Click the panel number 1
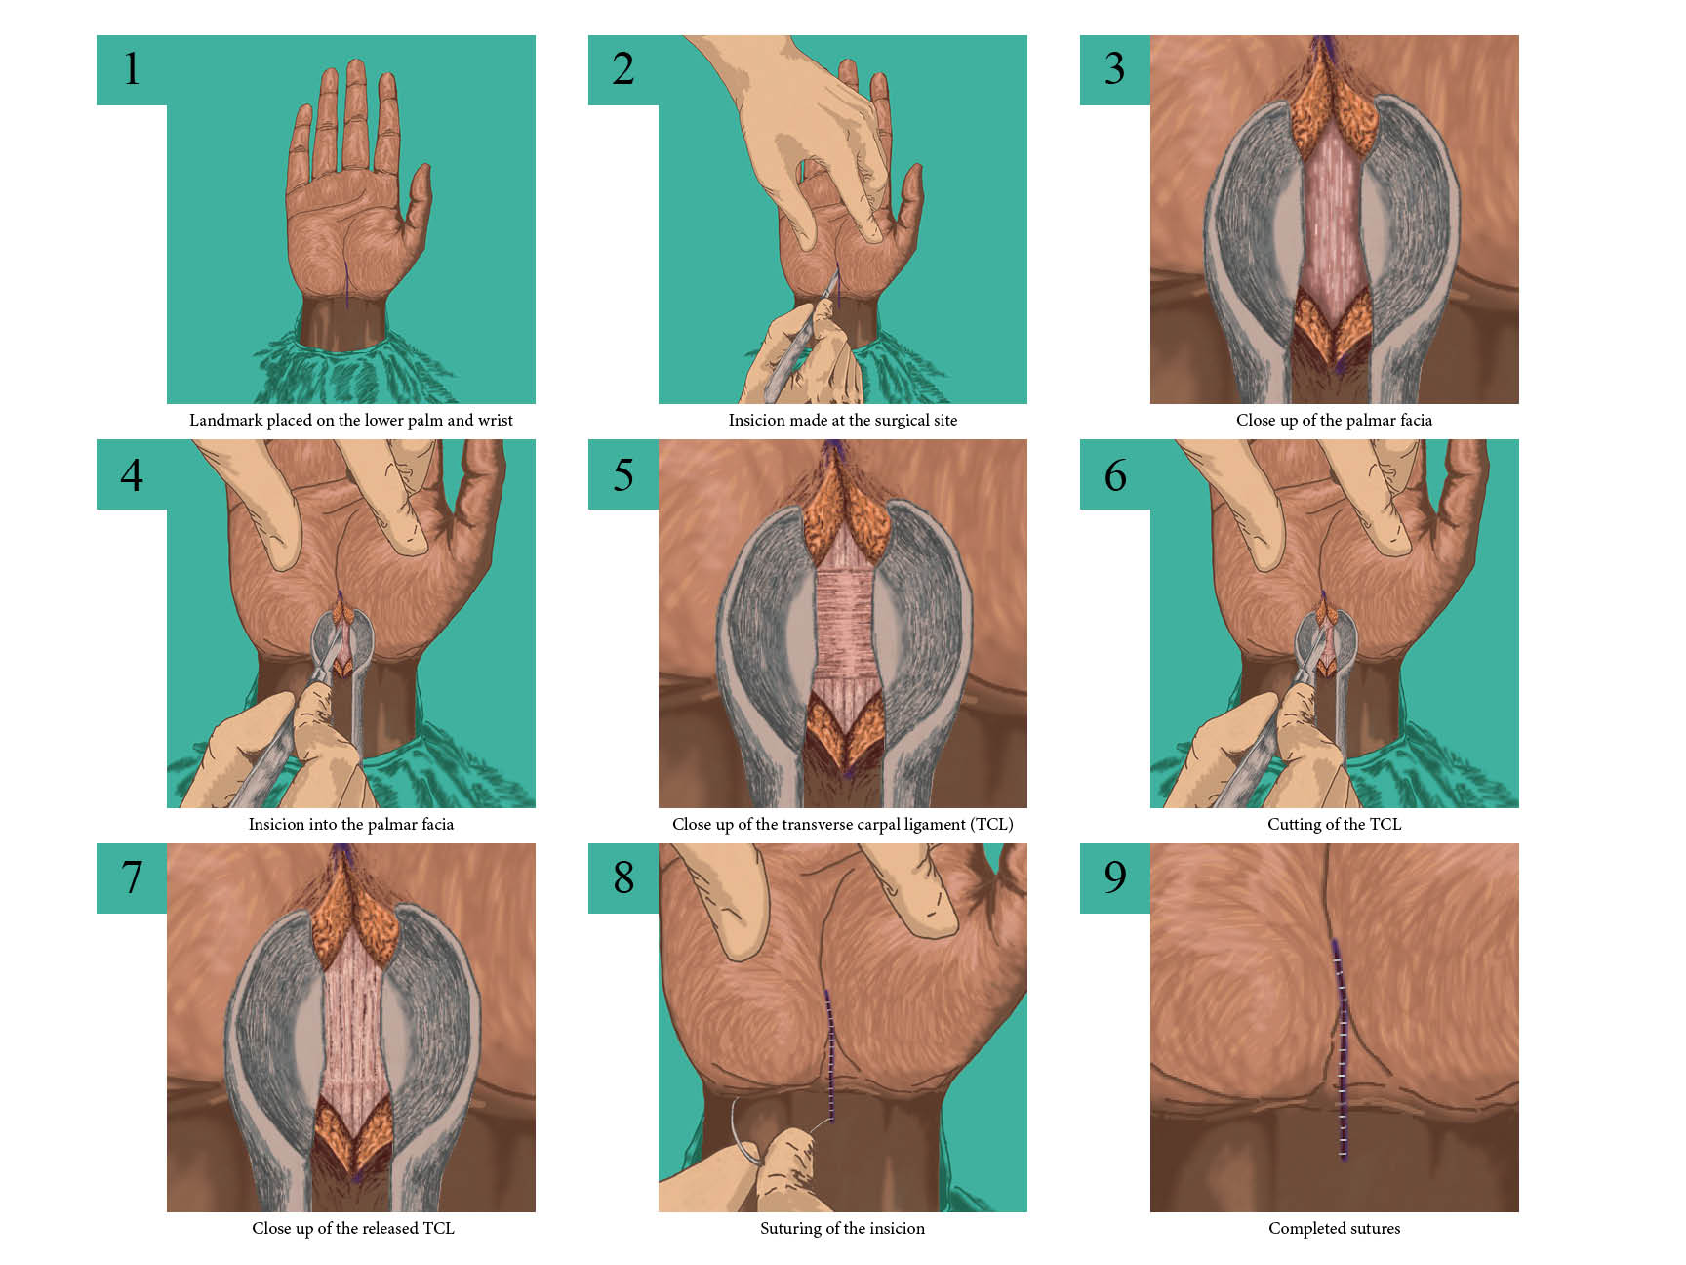132,69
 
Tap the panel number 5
623,475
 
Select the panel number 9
1115,877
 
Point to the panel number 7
132,877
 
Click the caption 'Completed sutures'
1334,1228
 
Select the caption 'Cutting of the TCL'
1334,824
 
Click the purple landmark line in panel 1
346,284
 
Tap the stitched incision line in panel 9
1340,1049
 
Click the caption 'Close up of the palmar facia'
1334,420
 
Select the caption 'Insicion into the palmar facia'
351,824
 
